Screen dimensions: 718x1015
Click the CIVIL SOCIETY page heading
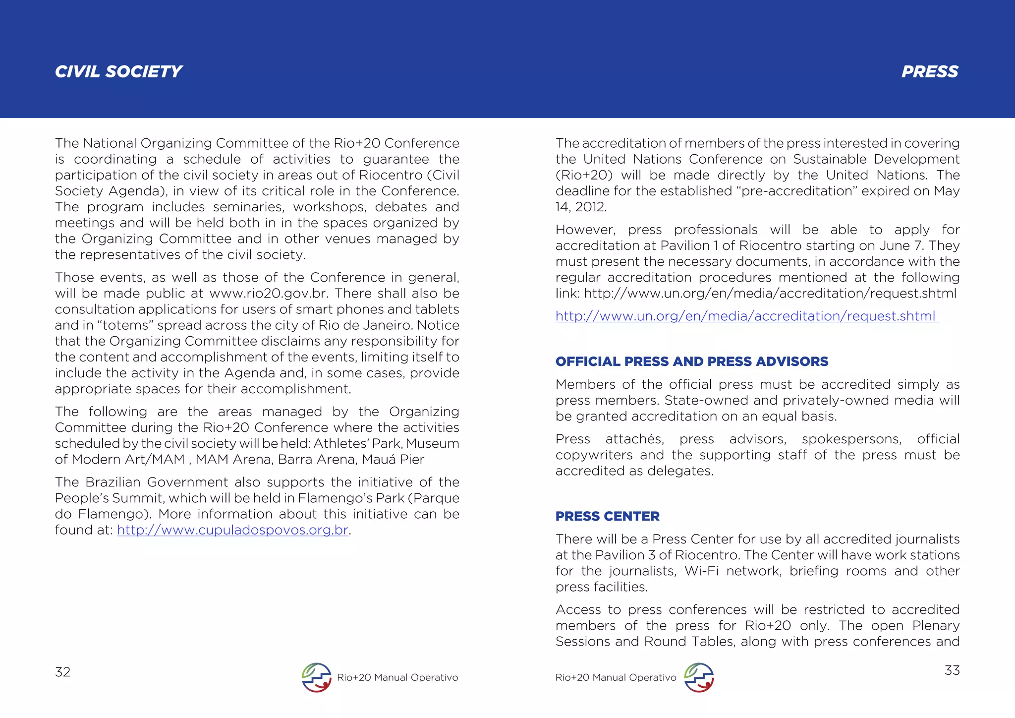(x=118, y=72)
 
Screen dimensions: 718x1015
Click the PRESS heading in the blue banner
(x=930, y=72)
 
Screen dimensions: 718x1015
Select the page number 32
(x=62, y=672)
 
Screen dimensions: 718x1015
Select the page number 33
(x=952, y=670)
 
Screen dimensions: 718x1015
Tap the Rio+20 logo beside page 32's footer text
(x=317, y=677)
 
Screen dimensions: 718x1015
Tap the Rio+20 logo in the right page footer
(x=699, y=677)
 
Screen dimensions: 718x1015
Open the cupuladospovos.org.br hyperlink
(x=232, y=530)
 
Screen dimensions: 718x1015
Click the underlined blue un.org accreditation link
(x=745, y=316)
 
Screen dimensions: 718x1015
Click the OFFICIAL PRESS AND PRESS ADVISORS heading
(x=691, y=361)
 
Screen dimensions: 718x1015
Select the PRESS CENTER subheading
(x=607, y=516)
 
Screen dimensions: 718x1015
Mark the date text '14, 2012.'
(x=581, y=207)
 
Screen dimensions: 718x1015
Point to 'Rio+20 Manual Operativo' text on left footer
(x=397, y=678)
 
